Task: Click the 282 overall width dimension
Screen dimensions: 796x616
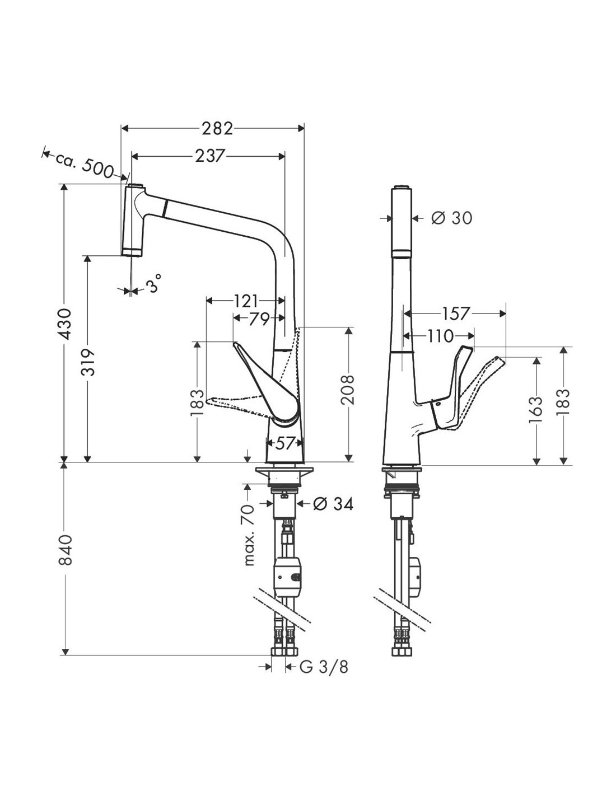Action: click(x=217, y=129)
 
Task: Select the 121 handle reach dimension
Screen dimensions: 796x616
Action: click(x=246, y=301)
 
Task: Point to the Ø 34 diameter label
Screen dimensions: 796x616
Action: click(x=334, y=504)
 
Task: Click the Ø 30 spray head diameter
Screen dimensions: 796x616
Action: click(x=452, y=218)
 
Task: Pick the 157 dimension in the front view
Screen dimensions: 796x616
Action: click(x=456, y=313)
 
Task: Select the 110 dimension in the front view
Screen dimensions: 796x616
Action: click(x=440, y=336)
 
